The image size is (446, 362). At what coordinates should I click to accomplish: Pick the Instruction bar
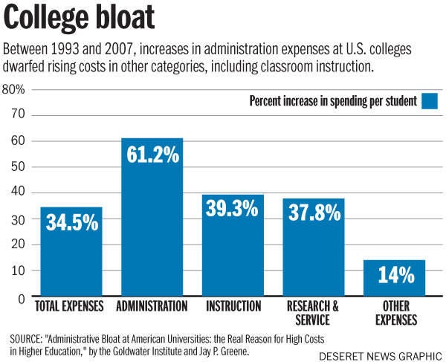tap(233, 245)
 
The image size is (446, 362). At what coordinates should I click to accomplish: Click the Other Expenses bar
tap(394, 278)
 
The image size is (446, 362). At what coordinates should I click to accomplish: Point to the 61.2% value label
tap(152, 156)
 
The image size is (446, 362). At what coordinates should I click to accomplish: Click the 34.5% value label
tap(72, 222)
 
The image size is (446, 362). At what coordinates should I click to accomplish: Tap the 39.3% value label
tap(233, 210)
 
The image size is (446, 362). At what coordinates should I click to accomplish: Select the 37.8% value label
tap(313, 213)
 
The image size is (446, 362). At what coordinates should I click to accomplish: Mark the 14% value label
tap(394, 275)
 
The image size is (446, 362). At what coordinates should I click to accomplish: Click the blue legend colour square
tap(430, 100)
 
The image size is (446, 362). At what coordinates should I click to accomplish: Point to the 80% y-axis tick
tap(14, 89)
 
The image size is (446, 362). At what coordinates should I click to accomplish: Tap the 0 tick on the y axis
tap(22, 297)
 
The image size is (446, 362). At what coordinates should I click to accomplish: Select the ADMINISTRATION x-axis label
tap(152, 306)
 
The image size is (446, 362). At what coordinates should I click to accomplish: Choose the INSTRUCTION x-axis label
tap(233, 306)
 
